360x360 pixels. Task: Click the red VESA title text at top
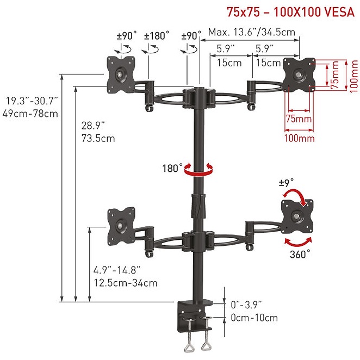pos(290,12)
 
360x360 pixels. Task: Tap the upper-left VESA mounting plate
pos(121,75)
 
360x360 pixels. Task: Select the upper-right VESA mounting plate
pos(299,75)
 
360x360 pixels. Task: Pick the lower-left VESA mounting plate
pos(121,226)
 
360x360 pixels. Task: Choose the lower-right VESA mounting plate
pos(297,216)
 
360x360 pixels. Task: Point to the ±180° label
pos(157,36)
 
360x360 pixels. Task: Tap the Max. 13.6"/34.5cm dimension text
pos(252,32)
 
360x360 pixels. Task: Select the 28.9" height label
pos(93,126)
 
